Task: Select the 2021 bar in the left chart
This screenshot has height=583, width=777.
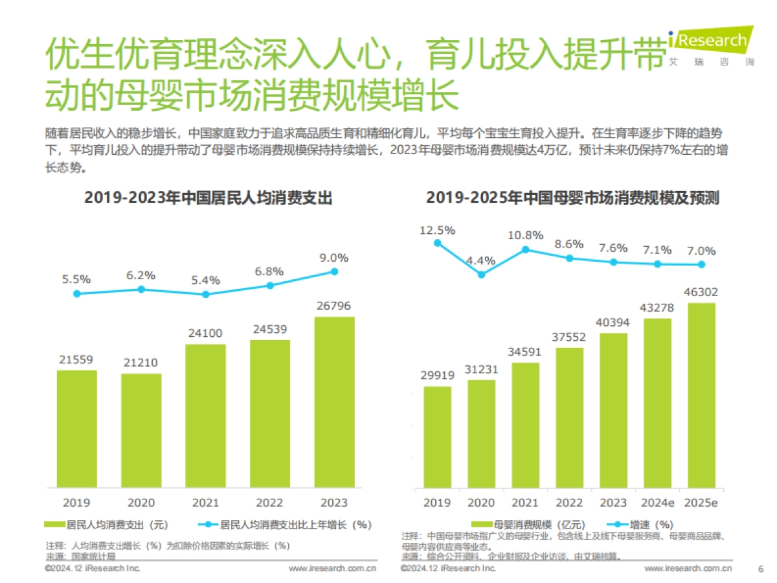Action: click(x=205, y=415)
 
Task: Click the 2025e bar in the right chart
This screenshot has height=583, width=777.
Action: click(x=701, y=395)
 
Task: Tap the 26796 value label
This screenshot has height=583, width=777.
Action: click(x=335, y=306)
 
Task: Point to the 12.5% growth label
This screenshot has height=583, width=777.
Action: click(x=438, y=230)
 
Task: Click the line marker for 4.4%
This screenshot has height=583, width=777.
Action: click(x=481, y=274)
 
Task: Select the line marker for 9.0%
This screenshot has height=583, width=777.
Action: click(x=335, y=271)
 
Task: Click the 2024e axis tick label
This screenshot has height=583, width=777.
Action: click(x=657, y=503)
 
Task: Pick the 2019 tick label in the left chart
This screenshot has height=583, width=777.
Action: click(x=76, y=502)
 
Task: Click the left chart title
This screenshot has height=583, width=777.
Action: click(x=208, y=198)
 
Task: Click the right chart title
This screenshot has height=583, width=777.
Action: click(x=572, y=198)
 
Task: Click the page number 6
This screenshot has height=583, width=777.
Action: click(x=760, y=569)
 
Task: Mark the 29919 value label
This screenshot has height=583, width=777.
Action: click(x=438, y=376)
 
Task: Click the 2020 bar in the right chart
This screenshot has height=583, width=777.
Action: click(x=481, y=433)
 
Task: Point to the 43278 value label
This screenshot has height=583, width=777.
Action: click(x=657, y=307)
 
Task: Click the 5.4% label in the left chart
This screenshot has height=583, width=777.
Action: click(x=205, y=280)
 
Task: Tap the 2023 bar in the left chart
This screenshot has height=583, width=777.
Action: click(x=335, y=402)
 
